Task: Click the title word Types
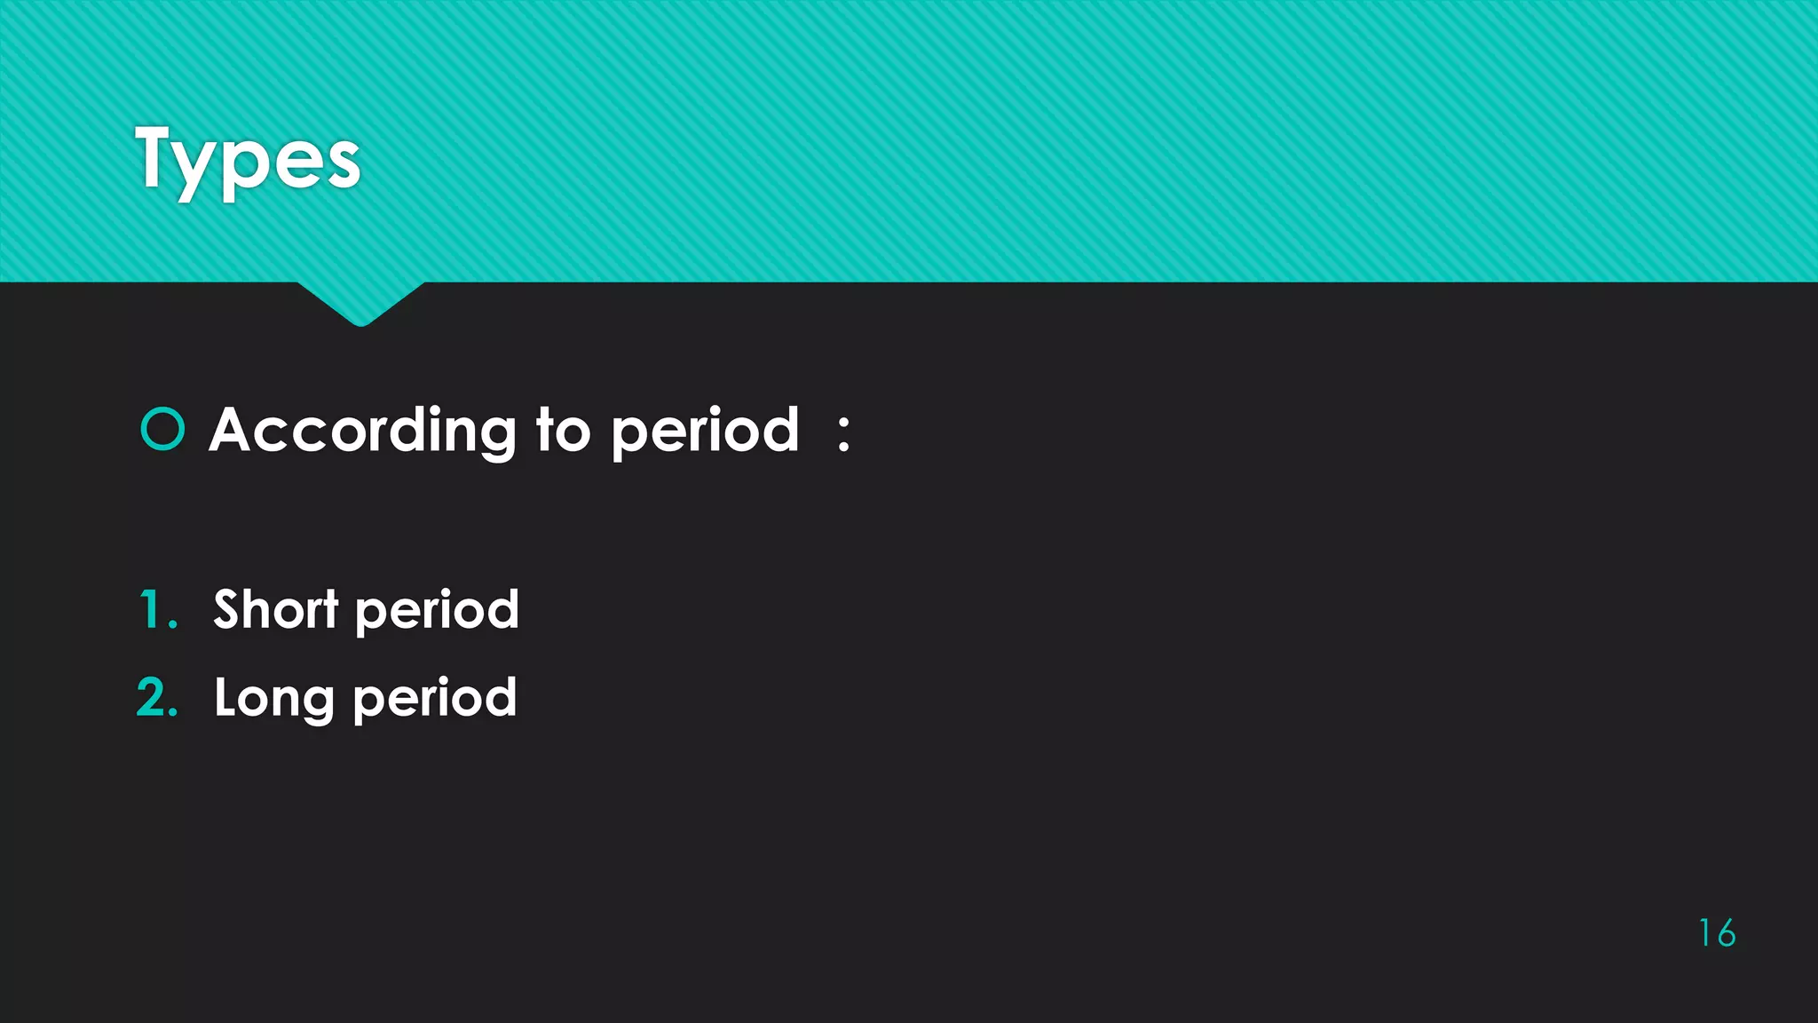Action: tap(248, 160)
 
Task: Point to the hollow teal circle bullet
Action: tap(162, 430)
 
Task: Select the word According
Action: tap(362, 432)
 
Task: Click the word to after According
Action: tap(563, 431)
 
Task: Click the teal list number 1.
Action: tap(152, 610)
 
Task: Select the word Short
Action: tap(276, 609)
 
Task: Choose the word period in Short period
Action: tap(437, 612)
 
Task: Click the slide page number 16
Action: tap(1717, 933)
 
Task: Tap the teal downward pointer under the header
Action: tap(360, 302)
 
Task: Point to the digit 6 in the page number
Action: tap(1726, 933)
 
